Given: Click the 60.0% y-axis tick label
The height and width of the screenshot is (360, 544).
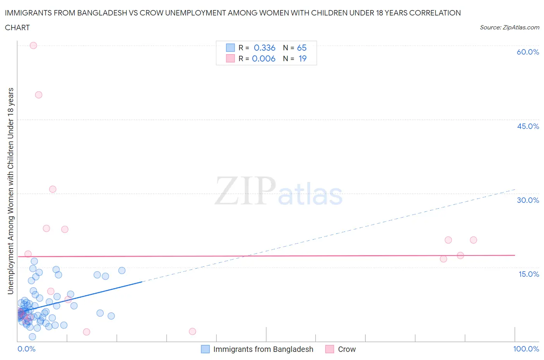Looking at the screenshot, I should tap(528, 52).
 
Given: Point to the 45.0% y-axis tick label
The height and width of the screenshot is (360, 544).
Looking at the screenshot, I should tap(528, 126).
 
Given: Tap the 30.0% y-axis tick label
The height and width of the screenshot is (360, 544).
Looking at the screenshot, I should tap(528, 200).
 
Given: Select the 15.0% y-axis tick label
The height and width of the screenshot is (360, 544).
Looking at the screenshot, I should tap(529, 274).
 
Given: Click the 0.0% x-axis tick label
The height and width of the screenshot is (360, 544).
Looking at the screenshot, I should tap(26, 349).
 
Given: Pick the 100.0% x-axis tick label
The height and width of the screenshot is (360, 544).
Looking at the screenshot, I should tap(526, 349).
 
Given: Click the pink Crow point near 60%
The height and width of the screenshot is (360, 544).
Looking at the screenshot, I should tap(33, 45).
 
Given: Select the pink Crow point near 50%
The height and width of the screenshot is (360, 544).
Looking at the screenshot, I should tap(39, 95).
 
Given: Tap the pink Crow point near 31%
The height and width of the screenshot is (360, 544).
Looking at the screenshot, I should tap(53, 189).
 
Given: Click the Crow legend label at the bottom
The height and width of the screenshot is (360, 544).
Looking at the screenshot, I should tap(347, 349).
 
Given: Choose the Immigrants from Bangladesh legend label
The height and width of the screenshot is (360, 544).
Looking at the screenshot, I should tap(263, 349).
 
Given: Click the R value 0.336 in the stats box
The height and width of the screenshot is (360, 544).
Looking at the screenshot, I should tap(265, 48).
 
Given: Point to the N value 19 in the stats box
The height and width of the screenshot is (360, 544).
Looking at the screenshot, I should tap(302, 58).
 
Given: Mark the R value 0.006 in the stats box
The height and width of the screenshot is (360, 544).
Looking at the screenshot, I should tap(263, 58).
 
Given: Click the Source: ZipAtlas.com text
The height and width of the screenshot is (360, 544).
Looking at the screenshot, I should tap(509, 27).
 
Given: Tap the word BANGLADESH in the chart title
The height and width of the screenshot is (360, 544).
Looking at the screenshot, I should tap(102, 13).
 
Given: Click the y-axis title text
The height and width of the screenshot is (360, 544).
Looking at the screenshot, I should tap(10, 191).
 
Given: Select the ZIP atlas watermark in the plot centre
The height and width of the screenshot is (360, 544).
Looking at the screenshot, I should tap(279, 190).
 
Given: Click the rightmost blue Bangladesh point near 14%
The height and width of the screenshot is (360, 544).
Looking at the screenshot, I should tap(122, 271).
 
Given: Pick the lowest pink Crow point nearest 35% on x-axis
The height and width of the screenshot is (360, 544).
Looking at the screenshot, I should tap(192, 331).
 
